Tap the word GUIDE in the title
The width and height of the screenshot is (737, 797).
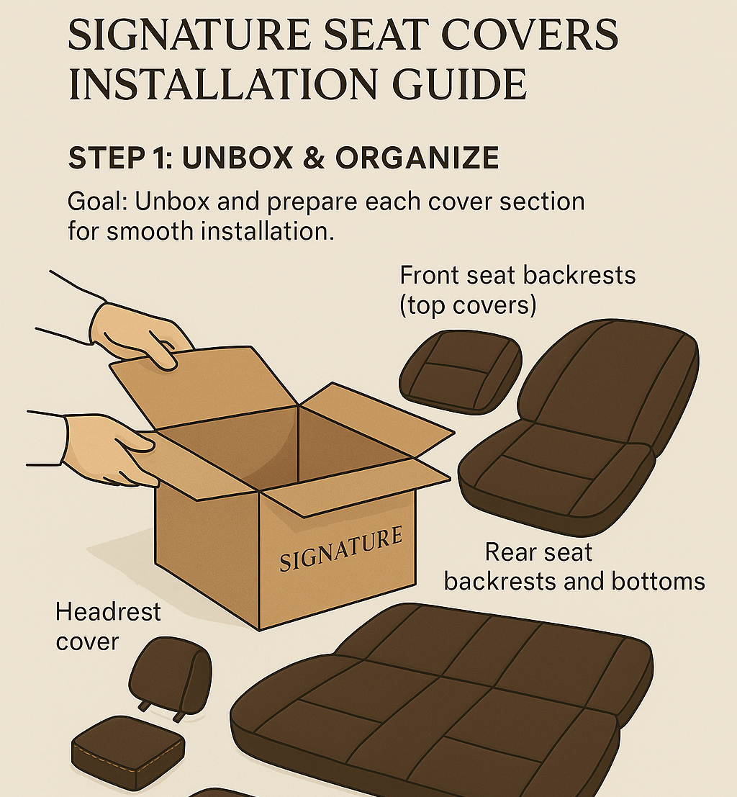point(459,84)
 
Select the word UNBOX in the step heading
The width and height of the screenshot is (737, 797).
point(238,158)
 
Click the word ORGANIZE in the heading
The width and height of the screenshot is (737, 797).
point(417,158)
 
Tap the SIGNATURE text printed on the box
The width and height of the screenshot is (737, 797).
point(340,549)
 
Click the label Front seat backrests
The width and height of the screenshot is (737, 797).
point(517,276)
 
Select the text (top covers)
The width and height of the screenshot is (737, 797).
point(468,306)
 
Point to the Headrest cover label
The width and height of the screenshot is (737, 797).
point(108,626)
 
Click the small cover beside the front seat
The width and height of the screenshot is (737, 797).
point(461,372)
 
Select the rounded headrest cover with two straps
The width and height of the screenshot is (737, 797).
point(171,675)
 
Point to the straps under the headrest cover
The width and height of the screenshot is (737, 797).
point(160,711)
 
